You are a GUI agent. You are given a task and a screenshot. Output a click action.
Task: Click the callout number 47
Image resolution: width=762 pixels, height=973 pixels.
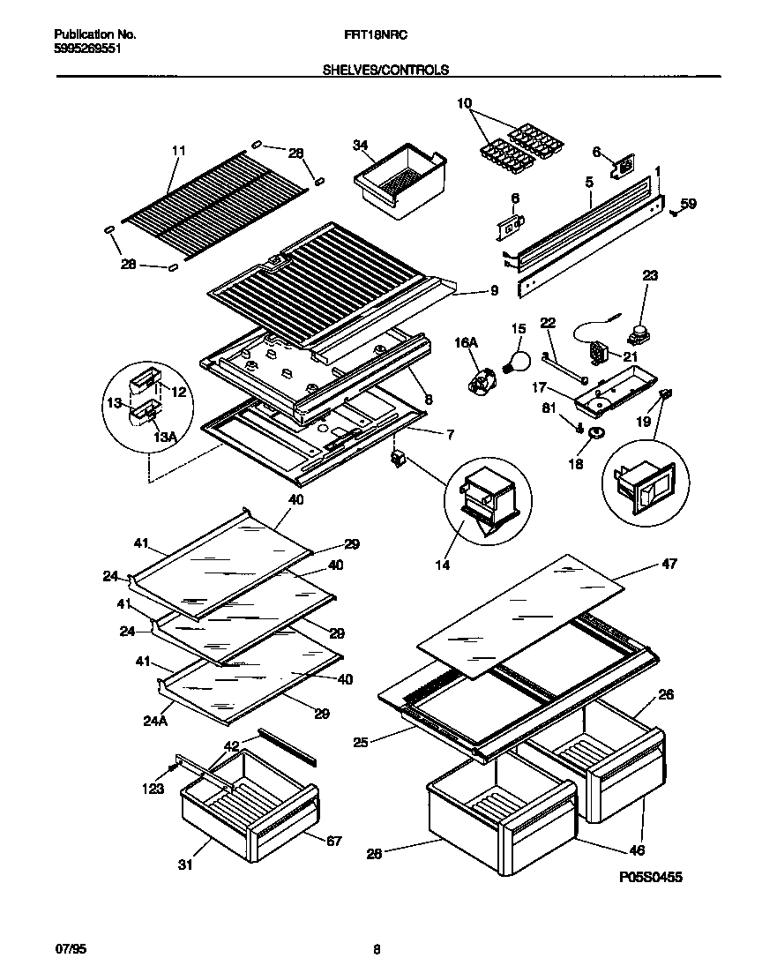[x=669, y=564]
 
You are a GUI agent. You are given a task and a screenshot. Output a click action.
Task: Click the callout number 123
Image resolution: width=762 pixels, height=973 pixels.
[x=153, y=789]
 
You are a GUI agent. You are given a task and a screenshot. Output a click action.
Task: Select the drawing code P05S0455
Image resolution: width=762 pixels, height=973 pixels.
[x=651, y=877]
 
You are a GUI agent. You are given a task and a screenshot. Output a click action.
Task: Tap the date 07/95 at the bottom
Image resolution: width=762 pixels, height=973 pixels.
[x=71, y=949]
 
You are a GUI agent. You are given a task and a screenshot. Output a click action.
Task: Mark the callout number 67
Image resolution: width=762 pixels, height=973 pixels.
[x=333, y=841]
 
